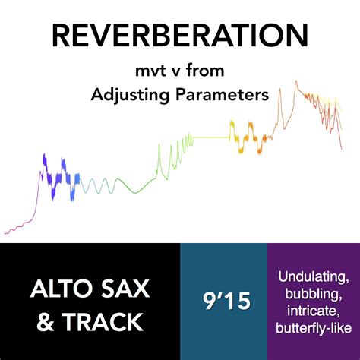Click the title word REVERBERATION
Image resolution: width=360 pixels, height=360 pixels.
[x=179, y=36]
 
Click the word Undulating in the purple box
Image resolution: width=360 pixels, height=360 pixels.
[x=314, y=274]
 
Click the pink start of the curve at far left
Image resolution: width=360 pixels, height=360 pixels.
[x=9, y=229]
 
